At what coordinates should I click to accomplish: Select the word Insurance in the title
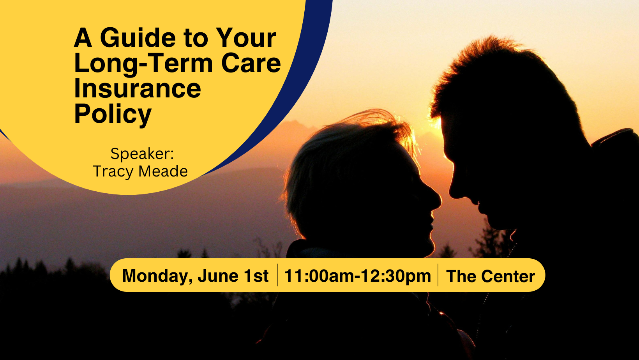(x=138, y=89)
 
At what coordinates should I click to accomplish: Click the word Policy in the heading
(x=113, y=114)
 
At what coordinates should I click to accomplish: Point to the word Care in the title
(x=251, y=64)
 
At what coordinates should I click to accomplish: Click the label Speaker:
(x=142, y=154)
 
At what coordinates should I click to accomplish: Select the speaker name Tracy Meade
(x=140, y=171)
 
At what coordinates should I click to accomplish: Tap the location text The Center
(x=490, y=276)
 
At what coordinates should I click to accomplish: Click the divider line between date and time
(x=278, y=275)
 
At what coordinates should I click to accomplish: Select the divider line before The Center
(x=438, y=275)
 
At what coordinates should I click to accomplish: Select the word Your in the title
(x=246, y=38)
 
